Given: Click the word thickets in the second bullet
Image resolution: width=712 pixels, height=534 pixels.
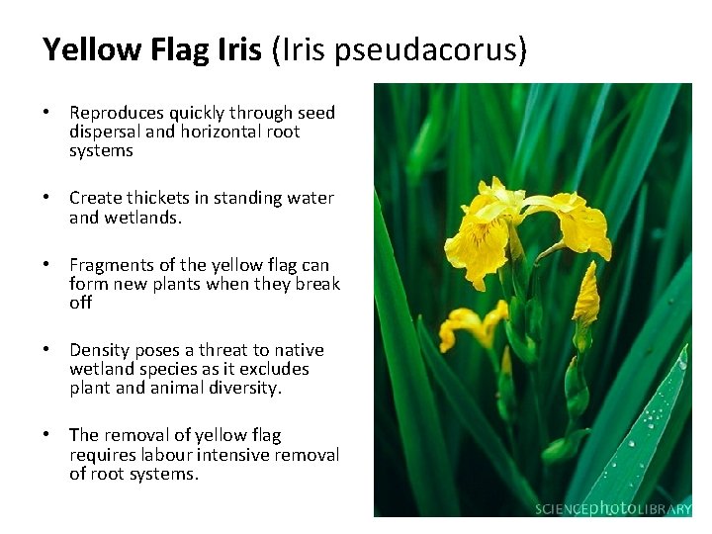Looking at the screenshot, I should click(155, 198).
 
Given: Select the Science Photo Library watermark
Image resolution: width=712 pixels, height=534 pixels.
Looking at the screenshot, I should click(612, 508).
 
